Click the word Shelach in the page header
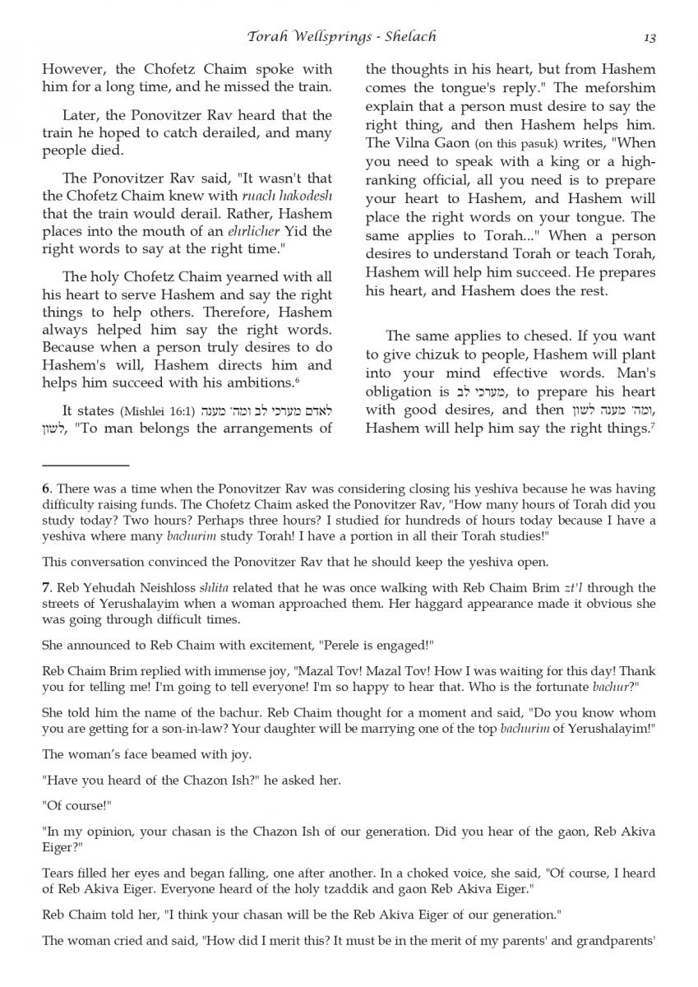[406, 36]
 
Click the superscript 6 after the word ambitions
[297, 380]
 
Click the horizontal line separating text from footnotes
[86, 466]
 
